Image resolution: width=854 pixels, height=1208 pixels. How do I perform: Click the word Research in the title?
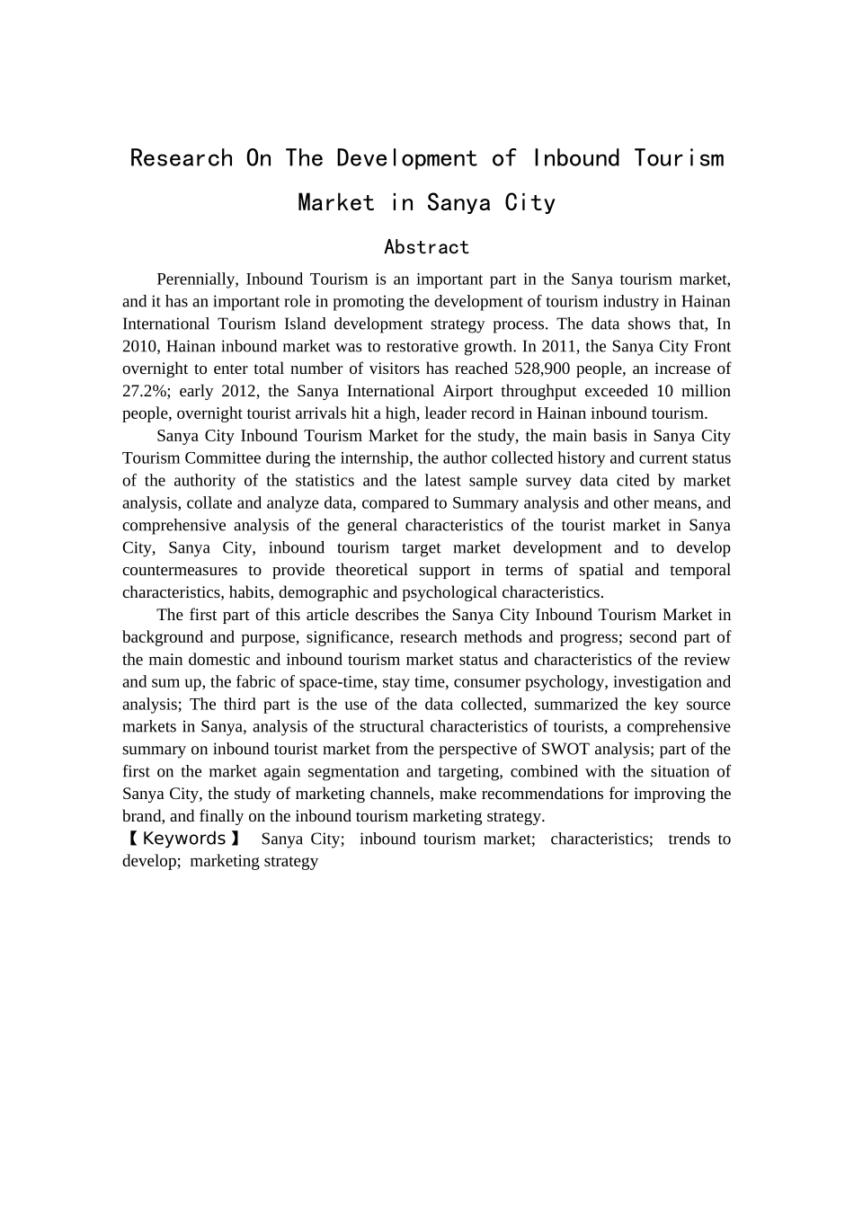click(x=182, y=158)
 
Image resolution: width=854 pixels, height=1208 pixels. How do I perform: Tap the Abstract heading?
click(x=426, y=247)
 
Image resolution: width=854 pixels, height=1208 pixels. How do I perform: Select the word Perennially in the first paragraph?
click(x=195, y=280)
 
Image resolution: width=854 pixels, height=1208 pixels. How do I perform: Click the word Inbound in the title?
click(x=576, y=158)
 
